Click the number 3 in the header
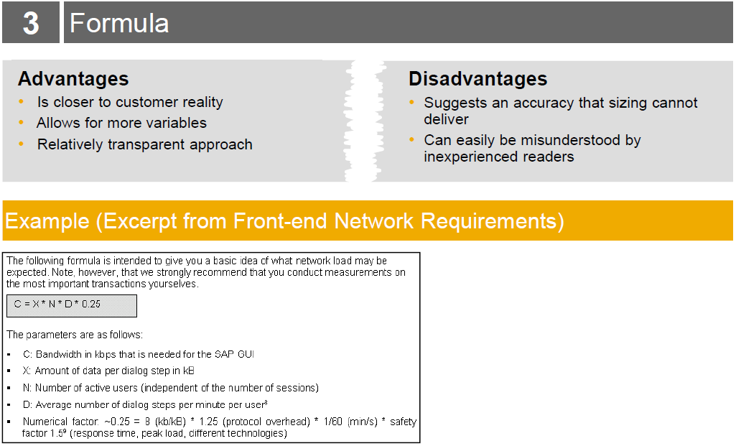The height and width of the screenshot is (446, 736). pyautogui.click(x=31, y=23)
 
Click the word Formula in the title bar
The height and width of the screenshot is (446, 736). pyautogui.click(x=119, y=23)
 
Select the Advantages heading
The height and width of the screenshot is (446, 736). pyautogui.click(x=73, y=79)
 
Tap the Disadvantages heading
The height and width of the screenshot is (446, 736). pyautogui.click(x=478, y=79)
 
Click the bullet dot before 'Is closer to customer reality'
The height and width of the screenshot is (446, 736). pyautogui.click(x=21, y=101)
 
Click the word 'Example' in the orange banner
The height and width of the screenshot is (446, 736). pyautogui.click(x=47, y=221)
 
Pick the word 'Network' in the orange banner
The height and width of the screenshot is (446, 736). pyautogui.click(x=373, y=221)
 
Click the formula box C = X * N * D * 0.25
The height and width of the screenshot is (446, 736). pyautogui.click(x=72, y=306)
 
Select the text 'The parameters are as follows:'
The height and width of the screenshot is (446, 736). pyautogui.click(x=75, y=335)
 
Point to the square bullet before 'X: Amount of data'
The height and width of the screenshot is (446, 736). pyautogui.click(x=9, y=371)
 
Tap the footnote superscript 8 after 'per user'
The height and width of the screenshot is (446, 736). pyautogui.click(x=266, y=402)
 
